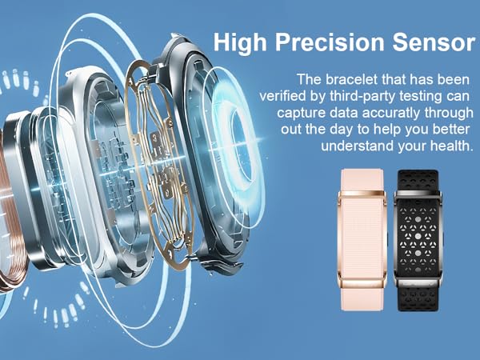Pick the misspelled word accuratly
[x=391, y=114]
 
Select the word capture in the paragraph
[x=309, y=114]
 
